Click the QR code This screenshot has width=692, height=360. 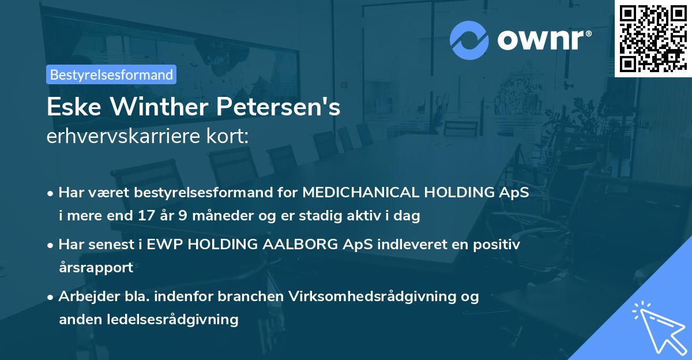coord(653,38)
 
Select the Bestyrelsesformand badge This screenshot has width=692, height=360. coord(111,74)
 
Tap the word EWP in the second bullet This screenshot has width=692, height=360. coord(164,244)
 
